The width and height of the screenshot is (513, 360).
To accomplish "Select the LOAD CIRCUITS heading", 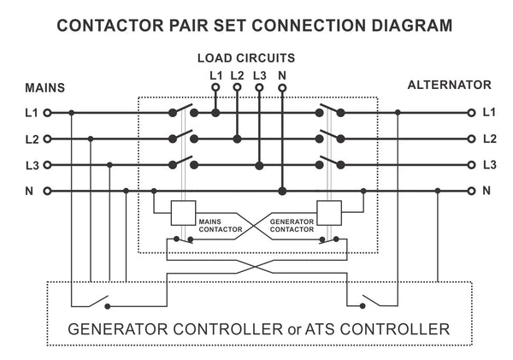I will coord(246,58).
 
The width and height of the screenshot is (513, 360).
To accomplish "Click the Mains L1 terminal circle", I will coord(48,112).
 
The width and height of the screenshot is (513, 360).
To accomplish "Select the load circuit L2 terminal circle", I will coord(237,87).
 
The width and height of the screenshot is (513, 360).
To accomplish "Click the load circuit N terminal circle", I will coord(282,87).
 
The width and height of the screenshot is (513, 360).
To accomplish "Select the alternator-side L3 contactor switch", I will coord(328,162).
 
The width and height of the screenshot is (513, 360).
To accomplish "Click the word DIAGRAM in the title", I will coord(404,25).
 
